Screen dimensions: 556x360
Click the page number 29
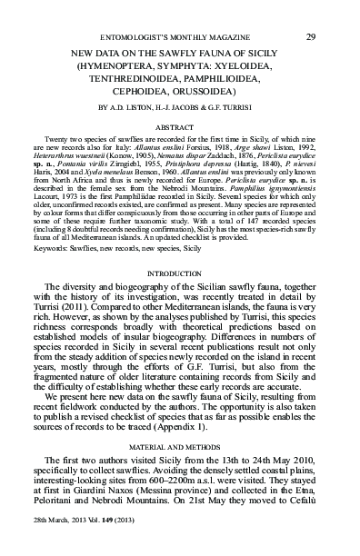[311, 12]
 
